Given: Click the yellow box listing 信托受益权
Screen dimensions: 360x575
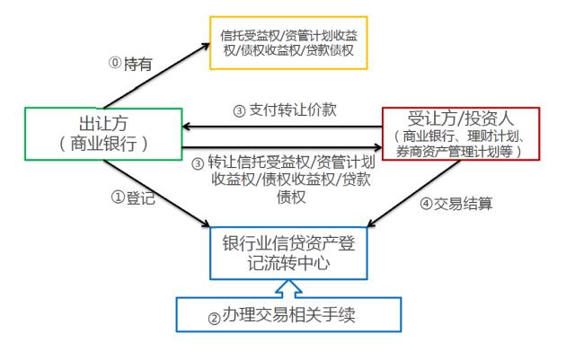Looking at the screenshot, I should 287,42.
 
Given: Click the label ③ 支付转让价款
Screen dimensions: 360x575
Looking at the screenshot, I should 284,112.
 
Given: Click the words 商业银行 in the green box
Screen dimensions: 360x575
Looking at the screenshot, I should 100,144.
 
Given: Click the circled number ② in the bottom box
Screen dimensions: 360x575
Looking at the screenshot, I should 214,317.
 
